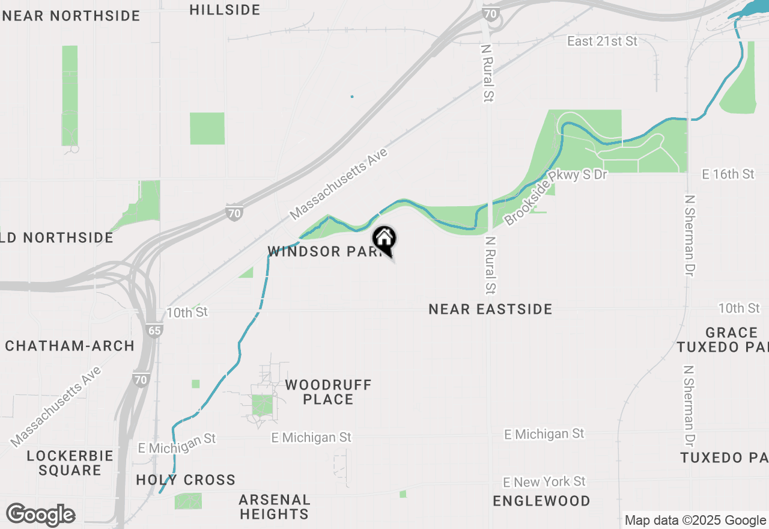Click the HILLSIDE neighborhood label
225,10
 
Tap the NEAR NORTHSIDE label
71,16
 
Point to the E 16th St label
728,174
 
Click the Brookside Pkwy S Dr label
556,197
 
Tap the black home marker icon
384,239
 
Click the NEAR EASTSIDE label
490,309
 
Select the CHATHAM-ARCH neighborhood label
70,346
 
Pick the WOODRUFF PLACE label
328,391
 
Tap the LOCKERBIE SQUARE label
70,463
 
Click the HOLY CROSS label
186,480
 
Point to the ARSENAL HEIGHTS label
275,507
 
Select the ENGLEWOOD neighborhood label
541,501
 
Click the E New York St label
545,482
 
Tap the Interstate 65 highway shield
154,330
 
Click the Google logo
41,515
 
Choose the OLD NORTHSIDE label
57,237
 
